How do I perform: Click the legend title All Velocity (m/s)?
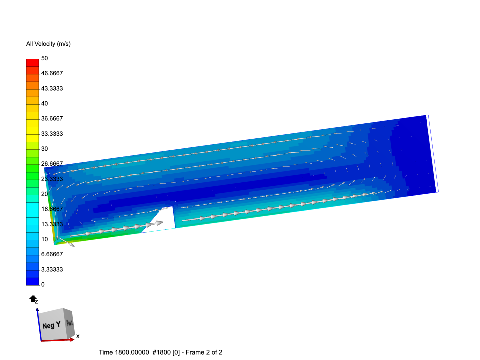[x=48, y=44]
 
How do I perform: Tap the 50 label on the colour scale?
[x=44, y=58]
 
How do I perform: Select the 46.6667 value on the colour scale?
[x=52, y=73]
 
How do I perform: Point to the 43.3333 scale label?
[x=52, y=89]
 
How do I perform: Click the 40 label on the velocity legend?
[x=44, y=103]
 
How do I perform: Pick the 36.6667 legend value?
[x=52, y=118]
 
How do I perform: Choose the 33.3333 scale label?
[x=52, y=134]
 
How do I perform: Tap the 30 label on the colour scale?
[x=44, y=149]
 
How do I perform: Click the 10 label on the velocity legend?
[x=44, y=239]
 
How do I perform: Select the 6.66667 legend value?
[x=52, y=254]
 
